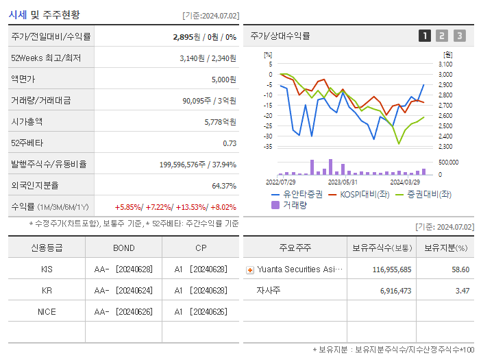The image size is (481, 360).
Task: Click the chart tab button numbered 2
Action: (x=442, y=36)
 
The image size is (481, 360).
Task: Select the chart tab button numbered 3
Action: (x=459, y=36)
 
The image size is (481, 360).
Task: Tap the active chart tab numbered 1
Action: (x=425, y=36)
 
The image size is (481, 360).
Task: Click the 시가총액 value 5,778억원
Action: (x=220, y=121)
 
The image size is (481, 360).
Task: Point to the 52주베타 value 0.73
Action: (x=230, y=143)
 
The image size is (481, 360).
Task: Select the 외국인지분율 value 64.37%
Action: (x=224, y=185)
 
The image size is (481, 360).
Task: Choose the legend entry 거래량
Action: (x=294, y=204)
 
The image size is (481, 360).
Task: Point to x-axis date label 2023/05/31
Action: (x=343, y=182)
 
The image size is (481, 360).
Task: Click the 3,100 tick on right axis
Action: (x=445, y=64)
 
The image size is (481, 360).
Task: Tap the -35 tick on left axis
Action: (x=268, y=147)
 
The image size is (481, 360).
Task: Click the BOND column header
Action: (x=123, y=248)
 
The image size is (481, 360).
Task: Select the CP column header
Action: (x=199, y=248)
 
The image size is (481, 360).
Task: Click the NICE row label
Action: (x=47, y=311)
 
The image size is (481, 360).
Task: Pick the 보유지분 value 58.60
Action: (x=460, y=269)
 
